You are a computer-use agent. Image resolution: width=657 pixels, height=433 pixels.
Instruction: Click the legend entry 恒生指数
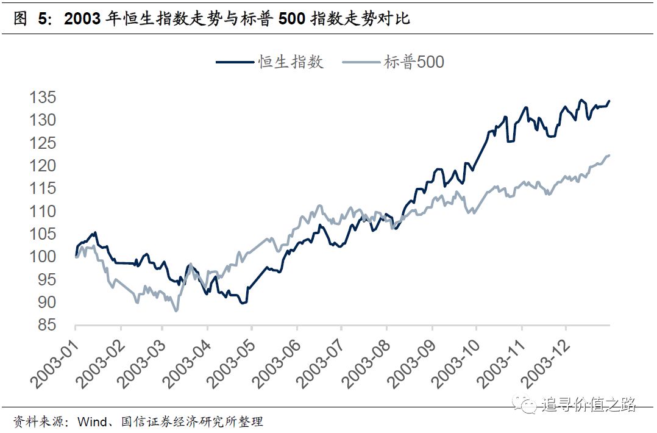[291, 62]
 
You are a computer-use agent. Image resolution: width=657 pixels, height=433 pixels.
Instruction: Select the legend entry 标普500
[414, 62]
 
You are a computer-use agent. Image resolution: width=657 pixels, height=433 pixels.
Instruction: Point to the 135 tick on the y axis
[43, 98]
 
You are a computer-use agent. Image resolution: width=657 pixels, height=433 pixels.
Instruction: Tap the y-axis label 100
[43, 257]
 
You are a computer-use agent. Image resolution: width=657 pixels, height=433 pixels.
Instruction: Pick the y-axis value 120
[43, 166]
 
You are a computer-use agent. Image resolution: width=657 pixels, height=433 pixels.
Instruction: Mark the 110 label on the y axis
[43, 212]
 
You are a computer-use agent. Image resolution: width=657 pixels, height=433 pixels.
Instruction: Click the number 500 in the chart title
[293, 19]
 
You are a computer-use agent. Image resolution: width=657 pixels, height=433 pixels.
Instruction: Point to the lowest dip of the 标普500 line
[176, 311]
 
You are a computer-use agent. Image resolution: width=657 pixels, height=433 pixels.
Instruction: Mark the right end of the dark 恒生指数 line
[609, 101]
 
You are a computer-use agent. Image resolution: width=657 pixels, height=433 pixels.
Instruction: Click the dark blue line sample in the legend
[235, 62]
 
